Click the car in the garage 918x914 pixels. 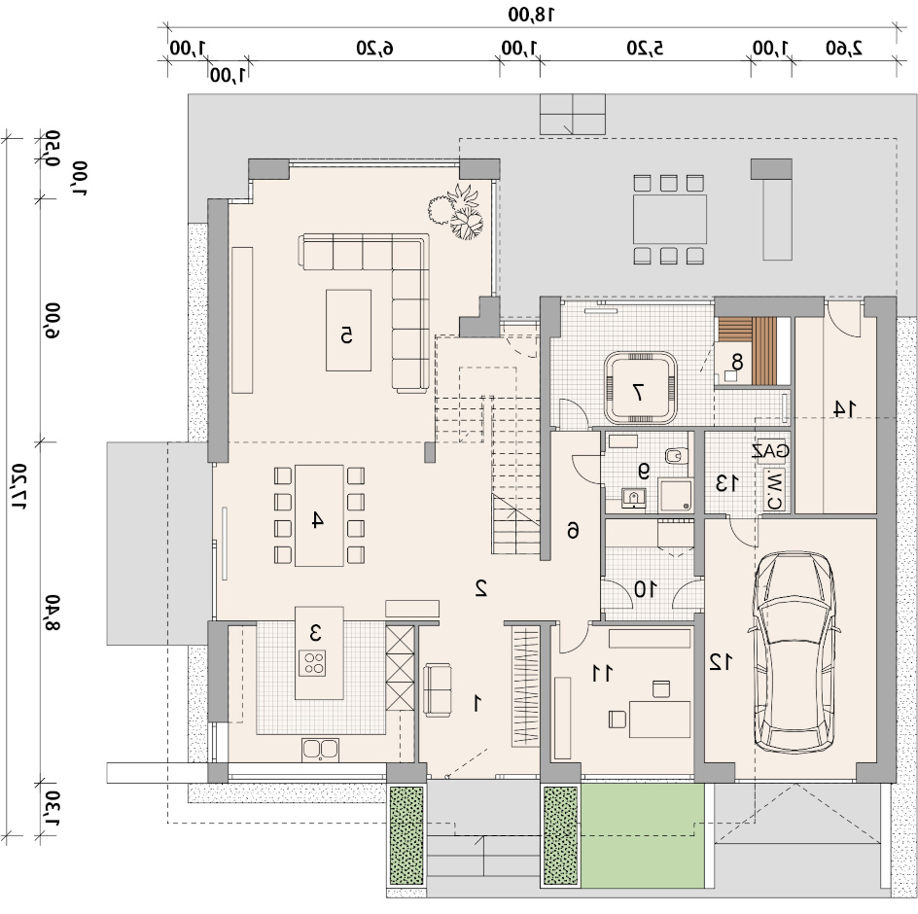coord(794,650)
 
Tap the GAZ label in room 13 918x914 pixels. coord(771,451)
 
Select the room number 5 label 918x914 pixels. coord(346,334)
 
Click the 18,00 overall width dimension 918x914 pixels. coord(530,15)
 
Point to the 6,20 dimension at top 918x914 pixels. coord(374,48)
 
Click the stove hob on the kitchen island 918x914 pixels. coord(312,663)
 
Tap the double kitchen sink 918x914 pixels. coord(320,750)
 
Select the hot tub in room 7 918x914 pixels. coord(641,387)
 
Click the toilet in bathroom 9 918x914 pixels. coord(676,455)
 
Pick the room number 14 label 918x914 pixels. coord(844,408)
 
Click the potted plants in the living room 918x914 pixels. coord(457,212)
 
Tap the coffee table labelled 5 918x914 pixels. coord(348,331)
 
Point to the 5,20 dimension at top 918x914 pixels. coord(645,48)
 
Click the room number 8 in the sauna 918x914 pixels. coord(737,363)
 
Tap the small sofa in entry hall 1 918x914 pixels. coord(438,689)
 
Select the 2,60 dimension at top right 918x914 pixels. coord(844,48)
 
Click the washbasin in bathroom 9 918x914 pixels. coord(633,498)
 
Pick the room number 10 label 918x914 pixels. coord(646,589)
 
